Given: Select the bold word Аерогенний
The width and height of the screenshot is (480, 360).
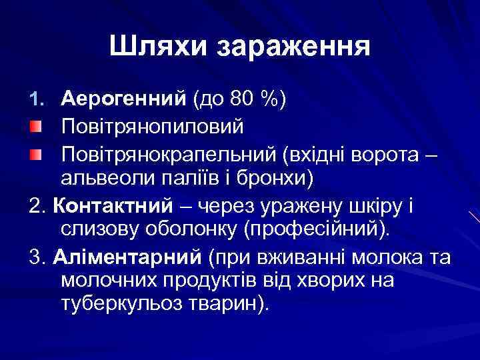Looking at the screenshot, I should pos(123,99).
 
